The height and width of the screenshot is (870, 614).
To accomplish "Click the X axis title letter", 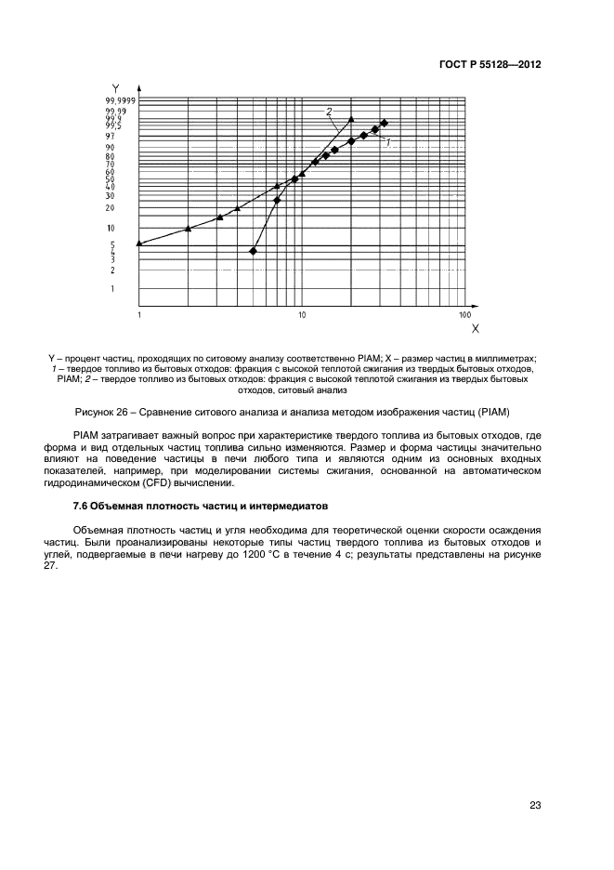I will pyautogui.click(x=475, y=329).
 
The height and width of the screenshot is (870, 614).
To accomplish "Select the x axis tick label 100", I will pyautogui.click(x=464, y=316).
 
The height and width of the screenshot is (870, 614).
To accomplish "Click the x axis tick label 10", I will pyautogui.click(x=302, y=316).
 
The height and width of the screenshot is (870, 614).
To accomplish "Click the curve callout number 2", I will pyautogui.click(x=329, y=112).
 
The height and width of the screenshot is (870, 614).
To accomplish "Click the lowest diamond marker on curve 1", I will pyautogui.click(x=254, y=251).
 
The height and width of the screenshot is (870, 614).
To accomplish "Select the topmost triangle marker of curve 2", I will pyautogui.click(x=351, y=119).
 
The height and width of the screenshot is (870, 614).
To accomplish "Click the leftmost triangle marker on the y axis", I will pyautogui.click(x=139, y=244).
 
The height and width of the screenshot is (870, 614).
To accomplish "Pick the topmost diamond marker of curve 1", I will pyautogui.click(x=384, y=123).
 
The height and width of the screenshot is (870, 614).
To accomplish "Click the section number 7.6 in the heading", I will pyautogui.click(x=82, y=505).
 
